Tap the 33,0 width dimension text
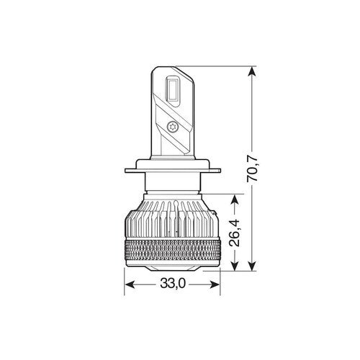tap(174, 284)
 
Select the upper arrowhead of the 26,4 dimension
tap(235, 198)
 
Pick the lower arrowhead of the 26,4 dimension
tap(235, 266)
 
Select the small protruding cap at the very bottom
tap(174, 271)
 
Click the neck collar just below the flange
tap(174, 184)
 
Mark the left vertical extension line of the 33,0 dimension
tap(126, 277)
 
